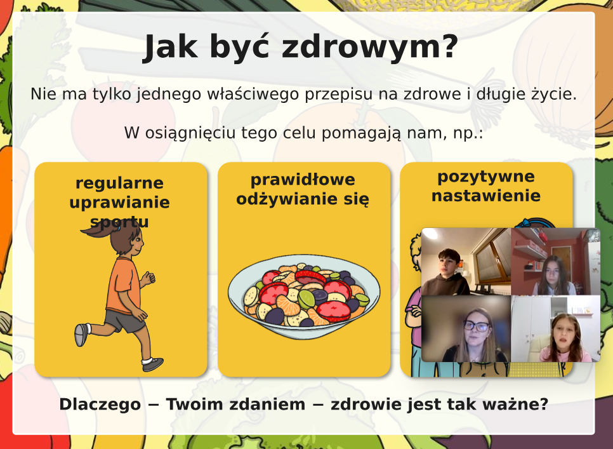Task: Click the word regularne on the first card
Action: click(120, 184)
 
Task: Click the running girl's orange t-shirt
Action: click(124, 286)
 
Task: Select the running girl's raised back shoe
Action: click(81, 335)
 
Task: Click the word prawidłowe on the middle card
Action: click(303, 180)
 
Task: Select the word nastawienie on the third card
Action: click(486, 196)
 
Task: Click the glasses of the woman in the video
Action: click(477, 325)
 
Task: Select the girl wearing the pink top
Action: click(565, 338)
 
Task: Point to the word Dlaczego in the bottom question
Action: click(100, 405)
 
